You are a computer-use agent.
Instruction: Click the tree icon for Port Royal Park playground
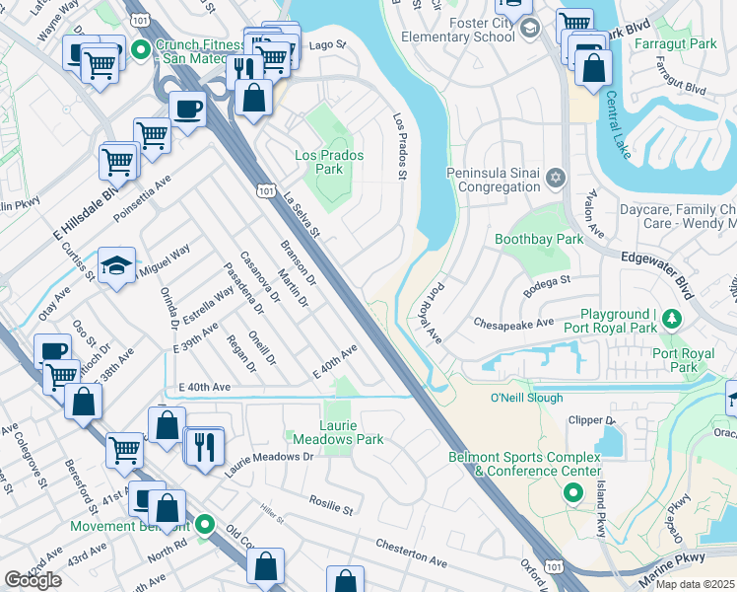click(x=672, y=318)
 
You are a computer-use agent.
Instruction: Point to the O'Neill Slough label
click(x=527, y=398)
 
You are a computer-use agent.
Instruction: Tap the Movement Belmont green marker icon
click(x=205, y=524)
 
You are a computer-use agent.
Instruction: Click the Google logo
click(x=33, y=579)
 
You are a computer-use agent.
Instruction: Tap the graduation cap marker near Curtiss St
click(x=116, y=265)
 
